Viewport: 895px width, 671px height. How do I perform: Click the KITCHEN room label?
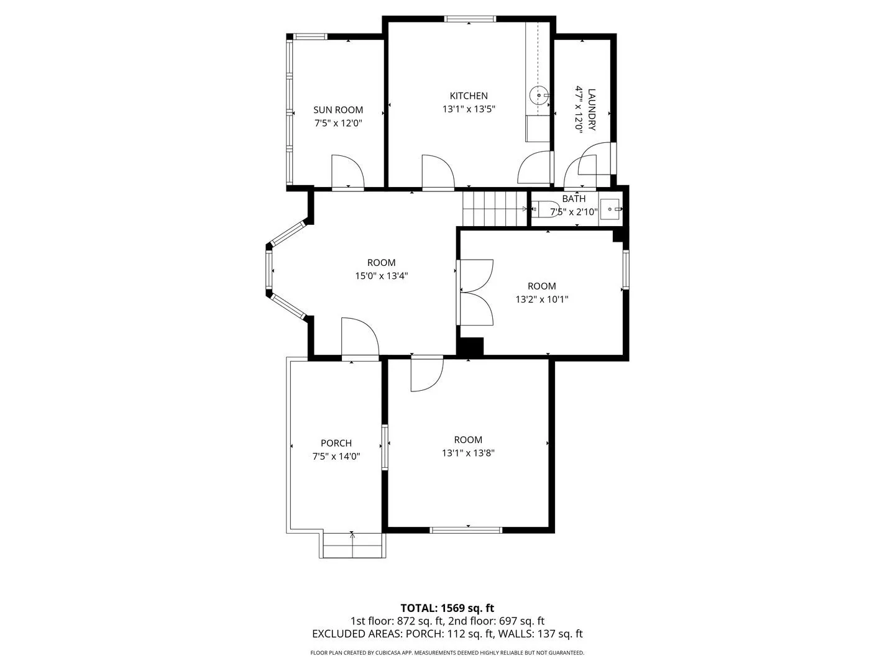click(469, 96)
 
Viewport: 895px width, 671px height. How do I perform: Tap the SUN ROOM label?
click(338, 109)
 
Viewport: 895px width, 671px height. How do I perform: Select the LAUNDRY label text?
click(592, 109)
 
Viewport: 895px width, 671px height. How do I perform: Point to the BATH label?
click(574, 199)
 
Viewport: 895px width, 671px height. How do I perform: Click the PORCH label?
click(336, 443)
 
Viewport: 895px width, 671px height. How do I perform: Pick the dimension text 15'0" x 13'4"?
click(381, 276)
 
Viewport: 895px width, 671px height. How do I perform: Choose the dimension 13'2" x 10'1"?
click(541, 299)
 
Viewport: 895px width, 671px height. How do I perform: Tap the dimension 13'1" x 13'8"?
click(468, 453)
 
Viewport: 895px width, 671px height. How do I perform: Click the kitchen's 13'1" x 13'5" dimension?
click(469, 109)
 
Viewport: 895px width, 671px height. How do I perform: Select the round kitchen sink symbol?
click(539, 95)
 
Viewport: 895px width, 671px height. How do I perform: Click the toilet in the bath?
click(546, 209)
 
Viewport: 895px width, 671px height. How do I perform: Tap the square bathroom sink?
click(610, 209)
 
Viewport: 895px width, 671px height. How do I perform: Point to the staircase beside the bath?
click(495, 209)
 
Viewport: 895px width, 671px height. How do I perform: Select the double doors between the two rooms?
click(477, 292)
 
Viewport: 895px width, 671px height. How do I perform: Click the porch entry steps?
click(352, 545)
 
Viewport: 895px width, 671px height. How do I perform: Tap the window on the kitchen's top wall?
click(470, 19)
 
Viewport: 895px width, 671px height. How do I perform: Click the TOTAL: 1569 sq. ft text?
click(447, 608)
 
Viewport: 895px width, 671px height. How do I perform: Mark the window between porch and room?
click(385, 447)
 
